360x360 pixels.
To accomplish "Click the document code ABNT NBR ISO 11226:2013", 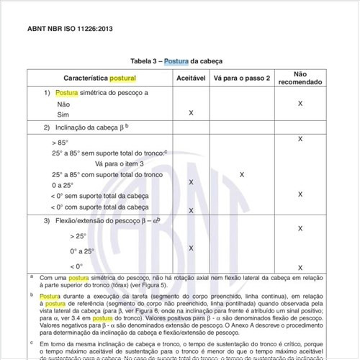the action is click(70, 30).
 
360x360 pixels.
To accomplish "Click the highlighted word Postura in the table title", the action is click(176, 61).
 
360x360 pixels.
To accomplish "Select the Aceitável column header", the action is click(190, 77).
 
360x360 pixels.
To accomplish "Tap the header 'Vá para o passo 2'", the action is click(242, 77).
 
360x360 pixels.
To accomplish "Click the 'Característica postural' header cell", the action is click(100, 77).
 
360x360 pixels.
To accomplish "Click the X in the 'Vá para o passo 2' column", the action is click(242, 175).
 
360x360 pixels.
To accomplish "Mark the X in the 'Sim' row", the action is click(191, 114).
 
